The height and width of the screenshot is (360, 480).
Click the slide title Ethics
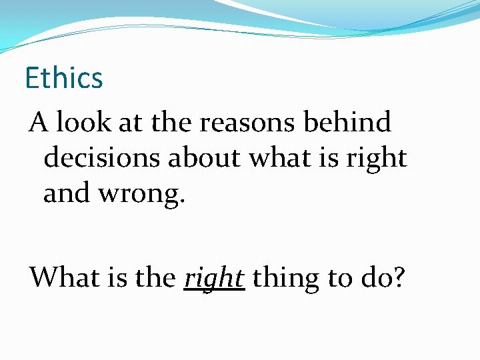pyautogui.click(x=64, y=78)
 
